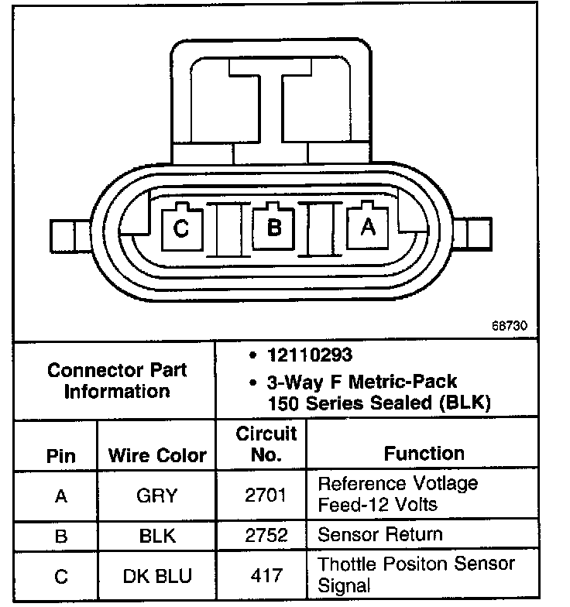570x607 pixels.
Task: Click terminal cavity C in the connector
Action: pyautogui.click(x=180, y=228)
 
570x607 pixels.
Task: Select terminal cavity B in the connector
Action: pyautogui.click(x=273, y=228)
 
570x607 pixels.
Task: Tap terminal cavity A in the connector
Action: pyautogui.click(x=368, y=228)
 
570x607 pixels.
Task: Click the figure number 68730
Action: pyautogui.click(x=510, y=326)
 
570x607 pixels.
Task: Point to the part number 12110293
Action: pyautogui.click(x=309, y=355)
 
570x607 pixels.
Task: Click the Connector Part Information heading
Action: pyautogui.click(x=117, y=380)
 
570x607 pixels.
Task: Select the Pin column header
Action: pyautogui.click(x=60, y=454)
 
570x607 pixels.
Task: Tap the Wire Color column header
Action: pyautogui.click(x=157, y=454)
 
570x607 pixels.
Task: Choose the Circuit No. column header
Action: pyautogui.click(x=266, y=444)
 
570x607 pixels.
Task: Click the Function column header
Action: pyautogui.click(x=424, y=453)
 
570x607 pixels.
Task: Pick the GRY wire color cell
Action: pyautogui.click(x=157, y=496)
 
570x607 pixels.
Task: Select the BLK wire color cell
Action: pyautogui.click(x=157, y=536)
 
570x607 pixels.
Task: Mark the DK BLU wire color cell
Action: pyautogui.click(x=157, y=576)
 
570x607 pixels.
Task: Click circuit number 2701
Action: pyautogui.click(x=266, y=496)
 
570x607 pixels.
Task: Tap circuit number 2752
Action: pyautogui.click(x=266, y=536)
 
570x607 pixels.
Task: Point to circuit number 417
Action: pyautogui.click(x=266, y=576)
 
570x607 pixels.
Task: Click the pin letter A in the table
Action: pyautogui.click(x=60, y=496)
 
